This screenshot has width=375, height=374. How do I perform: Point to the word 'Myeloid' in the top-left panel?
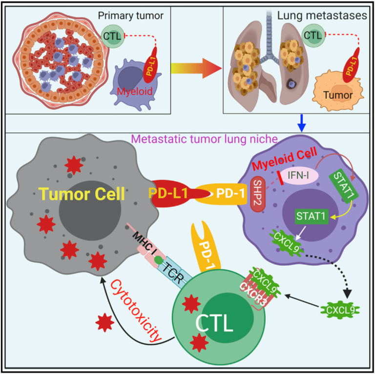(130, 90)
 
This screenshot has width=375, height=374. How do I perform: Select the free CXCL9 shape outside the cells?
(339, 309)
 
